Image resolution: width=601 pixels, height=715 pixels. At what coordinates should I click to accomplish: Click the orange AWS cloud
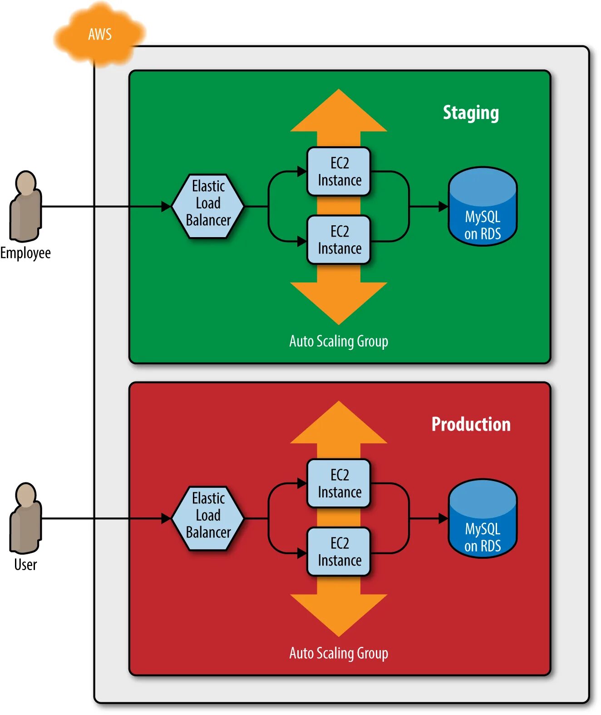(x=99, y=35)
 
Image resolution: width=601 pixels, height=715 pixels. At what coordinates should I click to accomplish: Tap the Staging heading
(x=471, y=113)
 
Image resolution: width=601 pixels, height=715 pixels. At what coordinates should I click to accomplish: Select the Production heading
(x=471, y=424)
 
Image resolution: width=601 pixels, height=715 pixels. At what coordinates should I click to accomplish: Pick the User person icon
(x=26, y=518)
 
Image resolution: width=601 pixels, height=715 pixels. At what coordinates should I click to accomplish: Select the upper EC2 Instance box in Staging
(x=339, y=172)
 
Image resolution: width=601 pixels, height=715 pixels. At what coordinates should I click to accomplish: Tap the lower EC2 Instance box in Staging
(x=339, y=240)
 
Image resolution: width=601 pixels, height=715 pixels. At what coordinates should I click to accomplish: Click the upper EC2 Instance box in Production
(x=339, y=483)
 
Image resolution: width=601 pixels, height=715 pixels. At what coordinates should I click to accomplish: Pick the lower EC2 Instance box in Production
(x=339, y=551)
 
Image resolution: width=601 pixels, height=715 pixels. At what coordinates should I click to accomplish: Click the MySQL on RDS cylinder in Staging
(x=483, y=207)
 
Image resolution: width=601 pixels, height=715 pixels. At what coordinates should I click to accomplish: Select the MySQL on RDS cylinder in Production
(x=483, y=519)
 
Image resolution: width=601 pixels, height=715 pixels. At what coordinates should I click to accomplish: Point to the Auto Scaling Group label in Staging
(x=339, y=341)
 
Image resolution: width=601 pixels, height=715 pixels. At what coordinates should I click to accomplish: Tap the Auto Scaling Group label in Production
(x=339, y=653)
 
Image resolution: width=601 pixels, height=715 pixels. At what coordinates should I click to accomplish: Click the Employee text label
(x=25, y=253)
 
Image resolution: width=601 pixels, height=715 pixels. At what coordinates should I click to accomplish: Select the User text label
(x=25, y=565)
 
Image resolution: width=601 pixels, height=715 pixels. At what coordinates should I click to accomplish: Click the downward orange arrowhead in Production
(x=339, y=613)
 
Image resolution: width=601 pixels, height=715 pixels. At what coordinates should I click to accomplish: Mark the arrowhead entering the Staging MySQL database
(x=443, y=207)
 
